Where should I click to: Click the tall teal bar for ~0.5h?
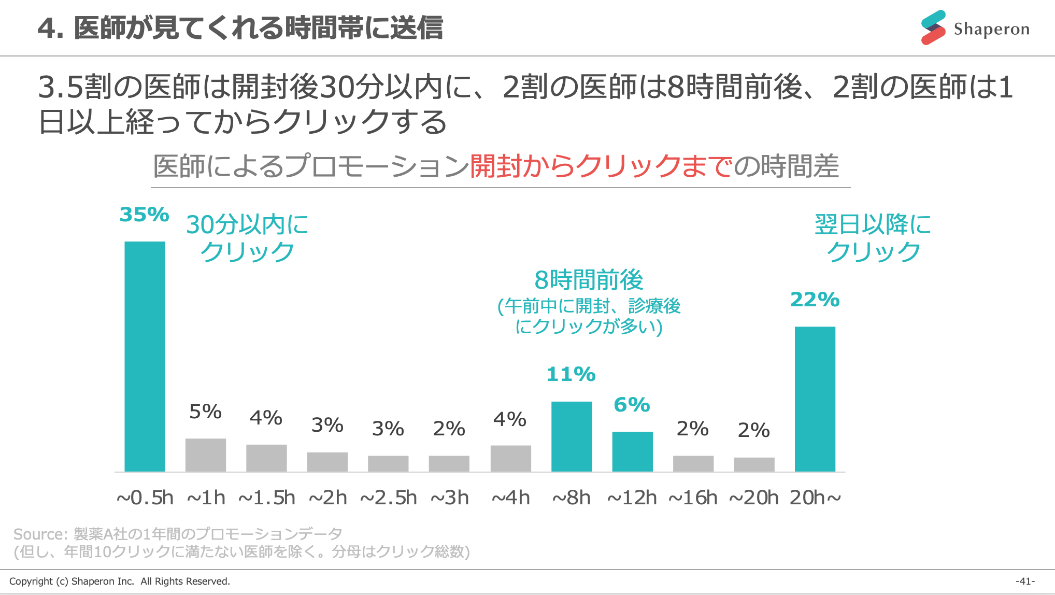coord(145,357)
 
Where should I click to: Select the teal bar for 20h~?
coord(815,399)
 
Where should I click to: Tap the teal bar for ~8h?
coord(571,436)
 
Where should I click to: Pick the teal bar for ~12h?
coord(632,451)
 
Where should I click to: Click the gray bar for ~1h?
coord(206,455)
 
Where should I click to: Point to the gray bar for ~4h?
coord(510,458)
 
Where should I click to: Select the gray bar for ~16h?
coord(693,463)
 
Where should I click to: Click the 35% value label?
coord(144,215)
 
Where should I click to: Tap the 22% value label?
coord(815,300)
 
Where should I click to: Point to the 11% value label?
coord(571,374)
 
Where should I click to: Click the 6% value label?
coord(632,405)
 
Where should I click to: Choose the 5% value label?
coord(205,412)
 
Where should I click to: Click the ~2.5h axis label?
coord(388,498)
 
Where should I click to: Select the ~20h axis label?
coord(753,498)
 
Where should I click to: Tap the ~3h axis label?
coord(450,498)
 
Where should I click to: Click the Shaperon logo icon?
coord(933,28)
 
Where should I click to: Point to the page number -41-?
coord(1025,581)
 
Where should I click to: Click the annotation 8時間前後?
coord(589,280)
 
